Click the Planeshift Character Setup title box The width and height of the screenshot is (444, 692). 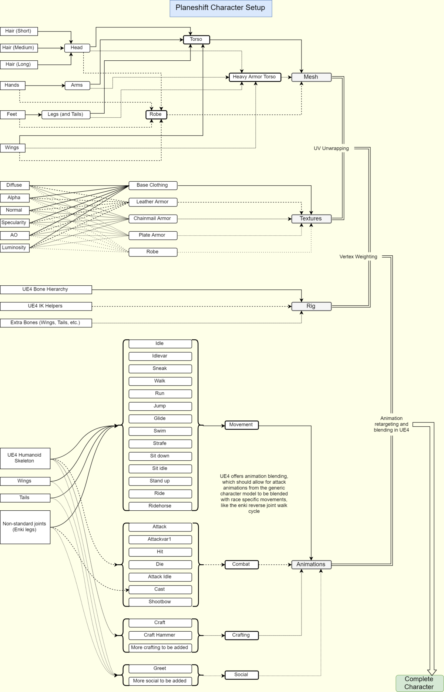point(221,8)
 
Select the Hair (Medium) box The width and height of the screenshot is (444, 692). point(18,48)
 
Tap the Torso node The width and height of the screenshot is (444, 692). point(196,40)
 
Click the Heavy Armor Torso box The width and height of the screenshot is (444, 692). point(255,77)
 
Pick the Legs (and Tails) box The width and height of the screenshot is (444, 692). point(66,114)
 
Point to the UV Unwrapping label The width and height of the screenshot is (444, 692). point(331,148)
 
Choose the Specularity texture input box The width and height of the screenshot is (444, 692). point(14,223)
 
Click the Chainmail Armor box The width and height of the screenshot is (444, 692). point(152,219)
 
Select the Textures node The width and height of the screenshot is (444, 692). point(311,219)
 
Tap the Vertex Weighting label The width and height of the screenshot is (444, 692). point(358,257)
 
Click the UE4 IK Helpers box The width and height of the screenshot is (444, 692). point(46,306)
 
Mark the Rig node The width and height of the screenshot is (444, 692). point(311,306)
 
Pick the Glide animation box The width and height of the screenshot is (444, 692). point(160,419)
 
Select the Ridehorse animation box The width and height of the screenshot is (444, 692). point(160,506)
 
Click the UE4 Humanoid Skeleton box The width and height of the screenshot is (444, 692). point(25,458)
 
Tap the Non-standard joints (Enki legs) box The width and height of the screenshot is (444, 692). point(25,527)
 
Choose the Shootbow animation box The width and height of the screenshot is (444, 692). point(160,602)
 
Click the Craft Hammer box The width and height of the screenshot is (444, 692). point(160,635)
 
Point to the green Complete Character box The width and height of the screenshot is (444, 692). point(419,683)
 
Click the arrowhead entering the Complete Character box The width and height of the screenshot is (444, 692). point(432,672)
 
